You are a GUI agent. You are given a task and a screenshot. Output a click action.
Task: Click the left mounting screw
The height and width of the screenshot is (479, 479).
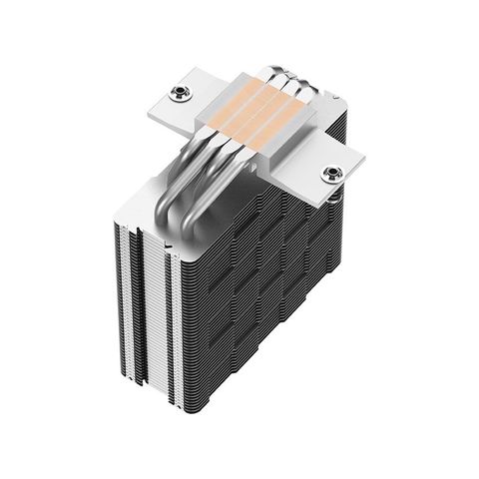tap(180, 93)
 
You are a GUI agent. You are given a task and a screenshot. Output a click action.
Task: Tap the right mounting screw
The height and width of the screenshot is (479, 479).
tap(329, 175)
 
